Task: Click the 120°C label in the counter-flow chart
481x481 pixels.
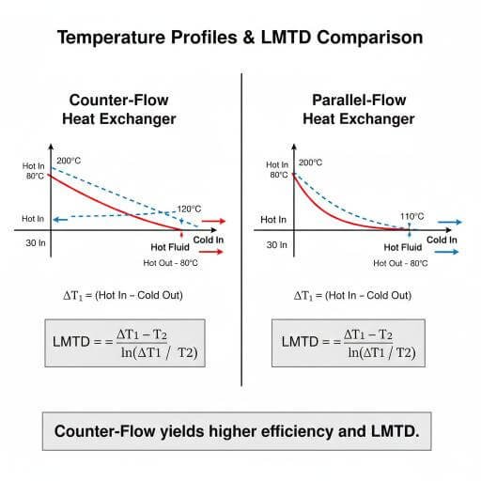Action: (191, 209)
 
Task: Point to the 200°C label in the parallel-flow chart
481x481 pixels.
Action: (311, 163)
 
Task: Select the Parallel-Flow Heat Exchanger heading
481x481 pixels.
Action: (358, 110)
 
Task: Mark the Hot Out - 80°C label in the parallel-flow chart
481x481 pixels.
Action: (401, 263)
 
